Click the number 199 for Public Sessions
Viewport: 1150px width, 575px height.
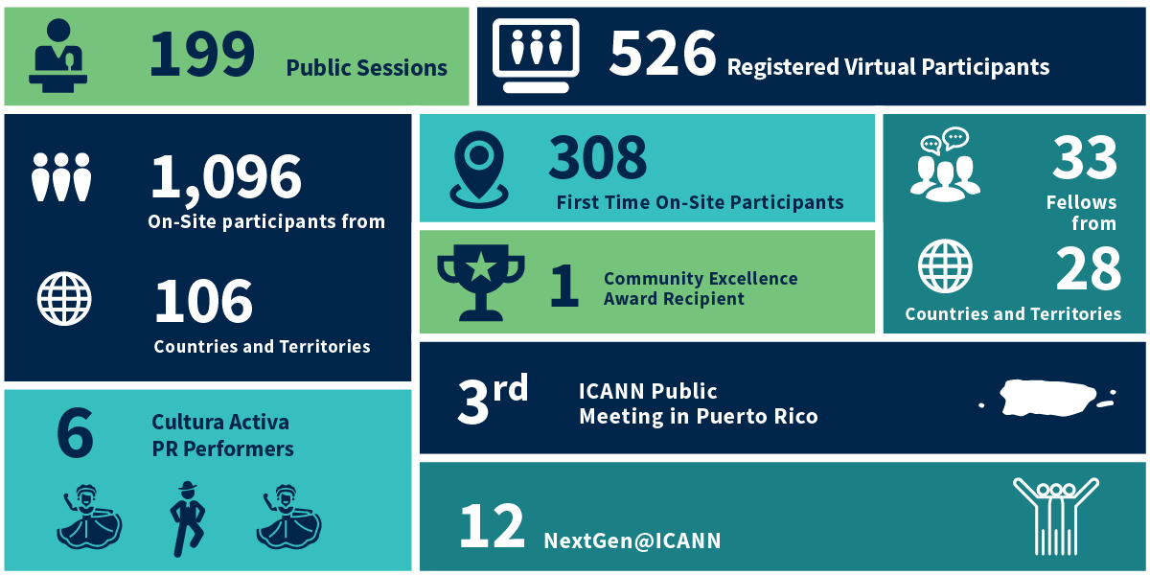click(201, 55)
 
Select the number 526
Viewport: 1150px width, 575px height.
click(662, 55)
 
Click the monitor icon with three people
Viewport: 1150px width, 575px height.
click(536, 55)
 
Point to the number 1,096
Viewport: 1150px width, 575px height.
click(226, 177)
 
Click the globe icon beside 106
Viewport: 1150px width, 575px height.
click(64, 299)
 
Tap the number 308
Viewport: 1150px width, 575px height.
click(598, 158)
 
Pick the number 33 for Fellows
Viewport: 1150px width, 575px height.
click(1085, 158)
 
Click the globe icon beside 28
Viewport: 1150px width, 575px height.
click(945, 266)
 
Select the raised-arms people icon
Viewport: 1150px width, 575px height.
click(1055, 516)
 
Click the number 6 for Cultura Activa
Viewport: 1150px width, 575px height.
click(75, 433)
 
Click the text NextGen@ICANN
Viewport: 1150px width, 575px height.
click(632, 540)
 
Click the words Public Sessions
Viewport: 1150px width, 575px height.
click(366, 68)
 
